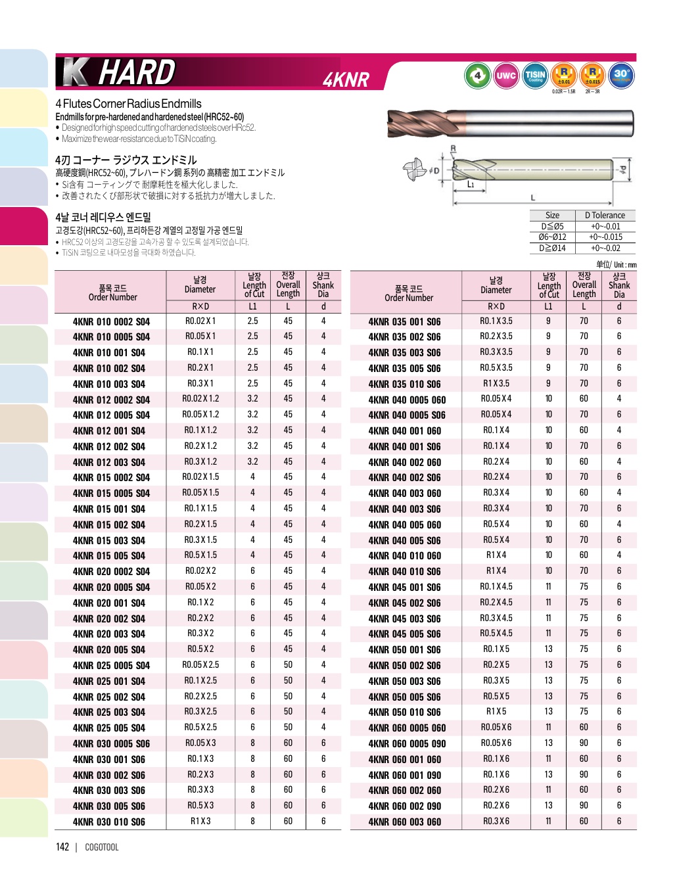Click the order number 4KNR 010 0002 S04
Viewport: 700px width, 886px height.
pyautogui.click(x=111, y=321)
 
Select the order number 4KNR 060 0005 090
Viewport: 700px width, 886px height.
pyautogui.click(x=407, y=743)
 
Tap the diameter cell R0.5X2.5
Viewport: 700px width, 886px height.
pyautogui.click(x=200, y=728)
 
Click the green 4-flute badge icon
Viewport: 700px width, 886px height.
pyautogui.click(x=477, y=76)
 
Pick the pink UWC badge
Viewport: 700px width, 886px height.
pyautogui.click(x=505, y=76)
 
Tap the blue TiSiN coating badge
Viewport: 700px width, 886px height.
pyautogui.click(x=535, y=76)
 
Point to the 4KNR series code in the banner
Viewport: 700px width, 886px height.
pyautogui.click(x=346, y=80)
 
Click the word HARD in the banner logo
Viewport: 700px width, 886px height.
pyautogui.click(x=137, y=72)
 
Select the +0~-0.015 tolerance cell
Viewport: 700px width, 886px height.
pyautogui.click(x=605, y=237)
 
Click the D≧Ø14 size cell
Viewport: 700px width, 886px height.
pyautogui.click(x=552, y=248)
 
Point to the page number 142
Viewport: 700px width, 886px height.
pyautogui.click(x=62, y=847)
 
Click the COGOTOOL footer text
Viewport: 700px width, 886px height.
pyautogui.click(x=102, y=847)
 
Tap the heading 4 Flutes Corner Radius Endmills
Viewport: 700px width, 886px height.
pyautogui.click(x=128, y=104)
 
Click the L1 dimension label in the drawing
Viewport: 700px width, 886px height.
pyautogui.click(x=471, y=185)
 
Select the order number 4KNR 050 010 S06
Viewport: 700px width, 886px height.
pyautogui.click(x=404, y=712)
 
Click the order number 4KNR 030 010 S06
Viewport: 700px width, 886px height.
pyautogui.click(x=109, y=822)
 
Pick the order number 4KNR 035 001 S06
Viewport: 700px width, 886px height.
pyautogui.click(x=404, y=322)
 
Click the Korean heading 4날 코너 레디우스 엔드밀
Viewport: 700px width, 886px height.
pyautogui.click(x=103, y=217)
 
